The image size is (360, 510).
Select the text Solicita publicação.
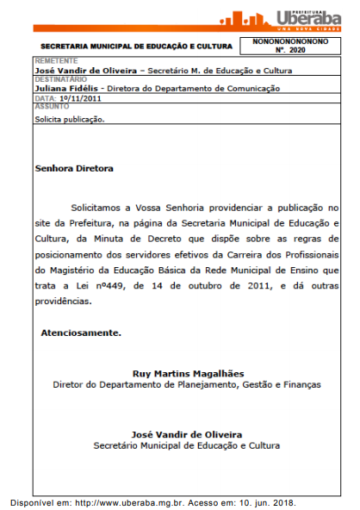coord(69,120)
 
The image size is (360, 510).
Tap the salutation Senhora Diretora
coord(74,169)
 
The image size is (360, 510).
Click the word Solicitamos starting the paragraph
coord(97,208)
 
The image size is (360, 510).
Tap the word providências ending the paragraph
coord(63,302)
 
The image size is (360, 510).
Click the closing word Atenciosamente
coord(81,332)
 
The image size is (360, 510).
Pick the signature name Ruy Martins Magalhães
coord(187,373)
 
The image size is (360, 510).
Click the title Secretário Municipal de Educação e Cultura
coord(187,445)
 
